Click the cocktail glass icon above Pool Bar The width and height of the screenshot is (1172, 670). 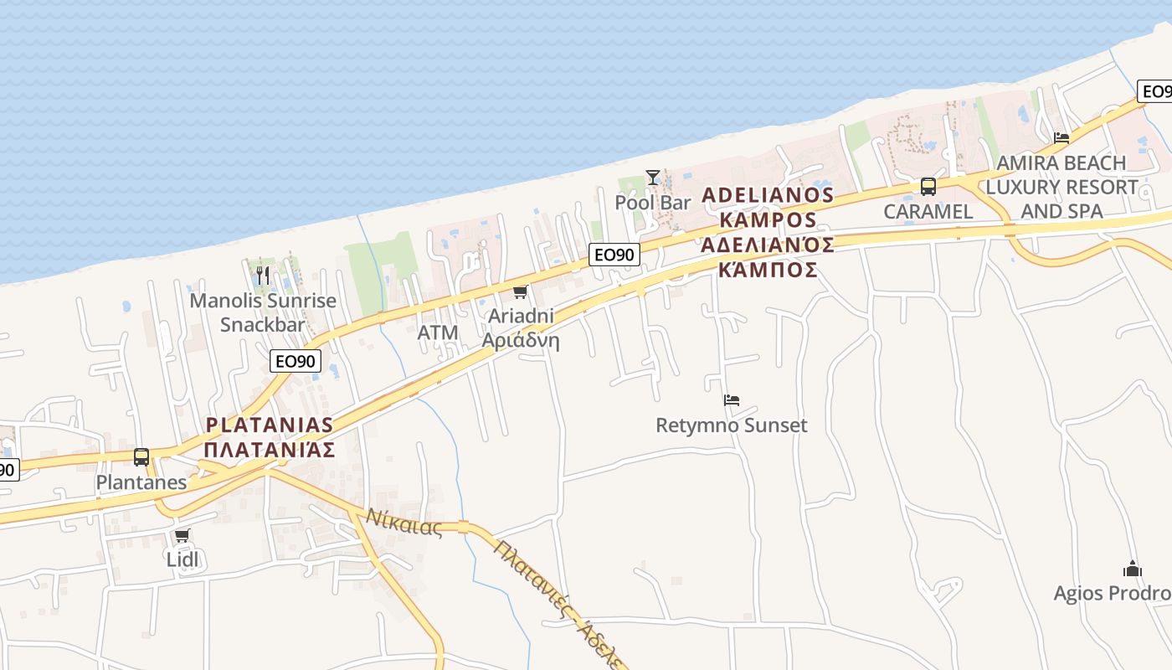653,178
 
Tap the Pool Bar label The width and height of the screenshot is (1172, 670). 653,203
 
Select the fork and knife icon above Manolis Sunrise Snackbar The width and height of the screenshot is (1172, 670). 263,276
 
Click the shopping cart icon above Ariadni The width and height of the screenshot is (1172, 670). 520,292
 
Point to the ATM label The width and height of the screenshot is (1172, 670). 438,333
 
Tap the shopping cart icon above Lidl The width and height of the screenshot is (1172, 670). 182,536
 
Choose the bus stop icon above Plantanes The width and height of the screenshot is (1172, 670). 141,457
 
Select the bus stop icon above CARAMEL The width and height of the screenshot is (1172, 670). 928,187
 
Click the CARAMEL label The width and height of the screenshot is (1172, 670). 928,212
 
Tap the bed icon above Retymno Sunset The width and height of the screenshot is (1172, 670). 731,400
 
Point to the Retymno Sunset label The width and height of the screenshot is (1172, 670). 731,425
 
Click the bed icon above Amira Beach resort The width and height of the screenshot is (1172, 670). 1061,138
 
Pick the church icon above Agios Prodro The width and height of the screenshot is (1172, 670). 1133,569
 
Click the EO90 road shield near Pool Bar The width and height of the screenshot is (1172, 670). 614,255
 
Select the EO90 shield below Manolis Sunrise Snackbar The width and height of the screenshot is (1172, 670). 296,362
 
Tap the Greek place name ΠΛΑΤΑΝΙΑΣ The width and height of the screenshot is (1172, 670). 270,450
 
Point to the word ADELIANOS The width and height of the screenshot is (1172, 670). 768,196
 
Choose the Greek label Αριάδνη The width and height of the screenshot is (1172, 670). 521,341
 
